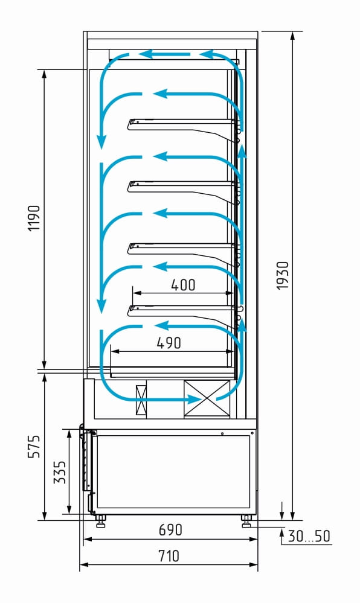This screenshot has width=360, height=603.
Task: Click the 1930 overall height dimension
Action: point(283,275)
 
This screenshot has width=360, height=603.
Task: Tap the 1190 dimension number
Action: point(34,218)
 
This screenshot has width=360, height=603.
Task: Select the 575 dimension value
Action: point(34,447)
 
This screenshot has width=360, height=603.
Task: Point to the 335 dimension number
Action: point(60,472)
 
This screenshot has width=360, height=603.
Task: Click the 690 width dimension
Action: point(170,530)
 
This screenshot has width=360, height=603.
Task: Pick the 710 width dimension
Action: point(169,556)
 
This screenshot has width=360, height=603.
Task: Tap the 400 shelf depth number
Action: point(183,285)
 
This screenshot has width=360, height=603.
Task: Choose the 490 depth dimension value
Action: point(169,343)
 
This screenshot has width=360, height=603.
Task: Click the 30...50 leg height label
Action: point(309,536)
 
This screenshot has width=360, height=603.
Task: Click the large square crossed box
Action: point(207,398)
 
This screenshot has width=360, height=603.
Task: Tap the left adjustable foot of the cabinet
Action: point(101,522)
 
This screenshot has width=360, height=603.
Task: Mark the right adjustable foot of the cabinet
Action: point(246,522)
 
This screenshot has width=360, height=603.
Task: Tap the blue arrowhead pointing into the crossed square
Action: point(194,400)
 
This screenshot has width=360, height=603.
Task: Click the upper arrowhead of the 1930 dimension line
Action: point(292,37)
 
